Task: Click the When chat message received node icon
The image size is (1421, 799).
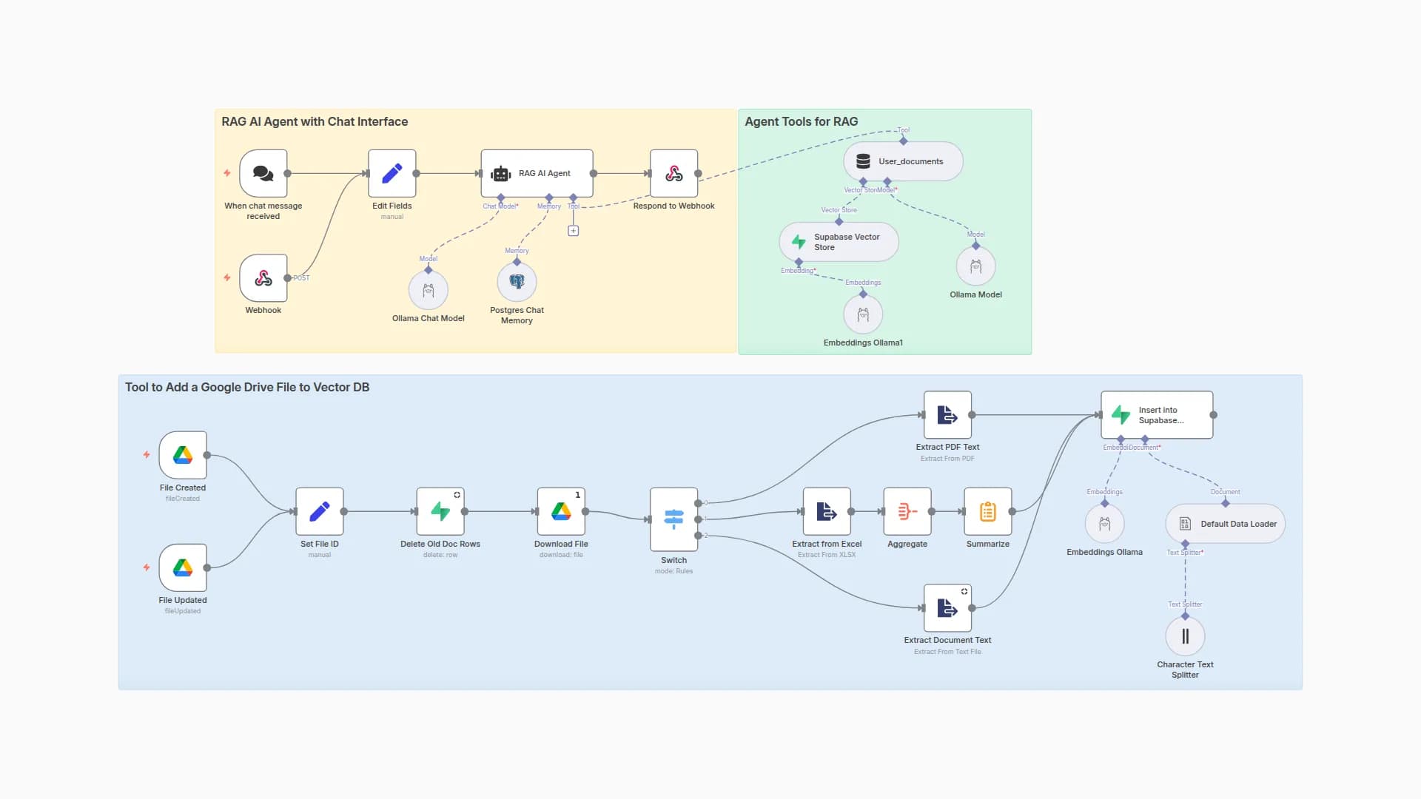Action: coord(263,173)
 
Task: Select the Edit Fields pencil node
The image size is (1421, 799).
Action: coord(392,173)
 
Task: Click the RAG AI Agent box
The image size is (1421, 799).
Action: coord(537,173)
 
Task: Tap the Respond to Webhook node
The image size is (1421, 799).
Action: coord(673,173)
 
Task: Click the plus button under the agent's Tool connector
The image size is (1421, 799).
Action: coord(573,231)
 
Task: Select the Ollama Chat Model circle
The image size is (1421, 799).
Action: coord(428,290)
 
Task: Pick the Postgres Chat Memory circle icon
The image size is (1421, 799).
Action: coord(517,282)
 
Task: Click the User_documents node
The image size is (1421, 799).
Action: coord(903,161)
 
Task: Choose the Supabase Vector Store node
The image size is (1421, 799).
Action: coord(839,242)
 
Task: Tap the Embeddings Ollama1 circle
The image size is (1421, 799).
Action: coord(863,314)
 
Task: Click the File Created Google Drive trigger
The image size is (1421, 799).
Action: coord(183,455)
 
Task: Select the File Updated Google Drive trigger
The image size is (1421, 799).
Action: coord(183,567)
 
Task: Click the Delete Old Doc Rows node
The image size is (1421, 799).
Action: coord(440,511)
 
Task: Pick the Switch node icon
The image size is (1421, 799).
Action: coord(673,519)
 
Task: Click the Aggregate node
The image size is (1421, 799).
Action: coord(907,511)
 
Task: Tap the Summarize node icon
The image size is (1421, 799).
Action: coord(987,511)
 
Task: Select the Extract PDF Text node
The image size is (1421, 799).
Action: coord(947,415)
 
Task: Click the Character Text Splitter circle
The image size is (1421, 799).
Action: coord(1185,636)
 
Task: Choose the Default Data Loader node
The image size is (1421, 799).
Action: coord(1225,524)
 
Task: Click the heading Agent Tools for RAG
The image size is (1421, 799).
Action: coord(801,121)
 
